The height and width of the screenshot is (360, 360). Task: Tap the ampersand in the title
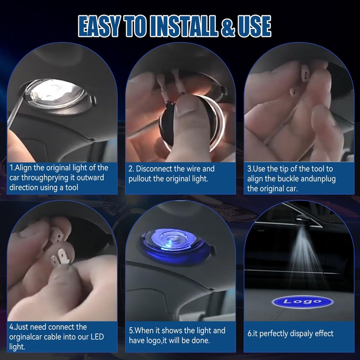228,27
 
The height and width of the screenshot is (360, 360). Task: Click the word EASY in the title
99,26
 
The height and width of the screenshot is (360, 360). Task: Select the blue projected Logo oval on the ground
302,301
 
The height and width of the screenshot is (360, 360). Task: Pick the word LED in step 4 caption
97,337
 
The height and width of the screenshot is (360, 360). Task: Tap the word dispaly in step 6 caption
301,333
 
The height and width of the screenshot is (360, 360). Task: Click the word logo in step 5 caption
153,341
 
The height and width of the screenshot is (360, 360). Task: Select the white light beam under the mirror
306,257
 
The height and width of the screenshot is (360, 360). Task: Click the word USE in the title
254,26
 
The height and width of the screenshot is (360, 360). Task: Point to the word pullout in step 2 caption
140,179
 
